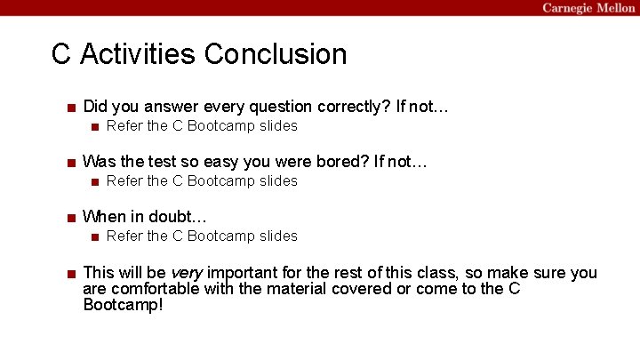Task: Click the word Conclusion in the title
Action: coord(276,54)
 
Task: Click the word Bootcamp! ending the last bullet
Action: coord(124,305)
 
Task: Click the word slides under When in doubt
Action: coord(278,236)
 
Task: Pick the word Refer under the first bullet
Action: coord(124,125)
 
